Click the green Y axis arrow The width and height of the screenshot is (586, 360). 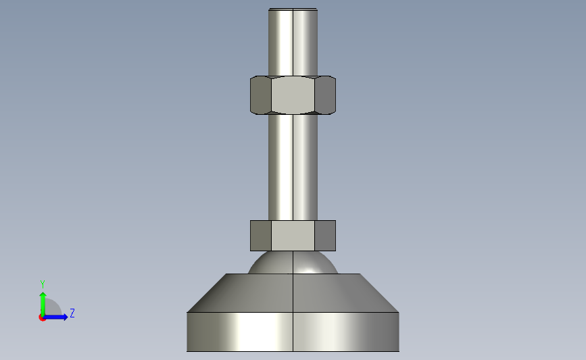(x=43, y=304)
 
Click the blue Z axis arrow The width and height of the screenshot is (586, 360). (x=55, y=317)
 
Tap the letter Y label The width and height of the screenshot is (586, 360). (x=42, y=284)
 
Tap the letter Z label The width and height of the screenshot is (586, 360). (x=72, y=313)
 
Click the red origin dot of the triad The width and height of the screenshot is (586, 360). (x=42, y=317)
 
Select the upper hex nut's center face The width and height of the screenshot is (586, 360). (x=293, y=95)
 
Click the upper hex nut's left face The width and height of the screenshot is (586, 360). (x=261, y=95)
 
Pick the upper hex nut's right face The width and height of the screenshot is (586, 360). (x=325, y=95)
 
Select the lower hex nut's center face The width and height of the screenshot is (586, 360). (x=293, y=236)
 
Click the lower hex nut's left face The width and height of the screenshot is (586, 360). (x=261, y=236)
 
